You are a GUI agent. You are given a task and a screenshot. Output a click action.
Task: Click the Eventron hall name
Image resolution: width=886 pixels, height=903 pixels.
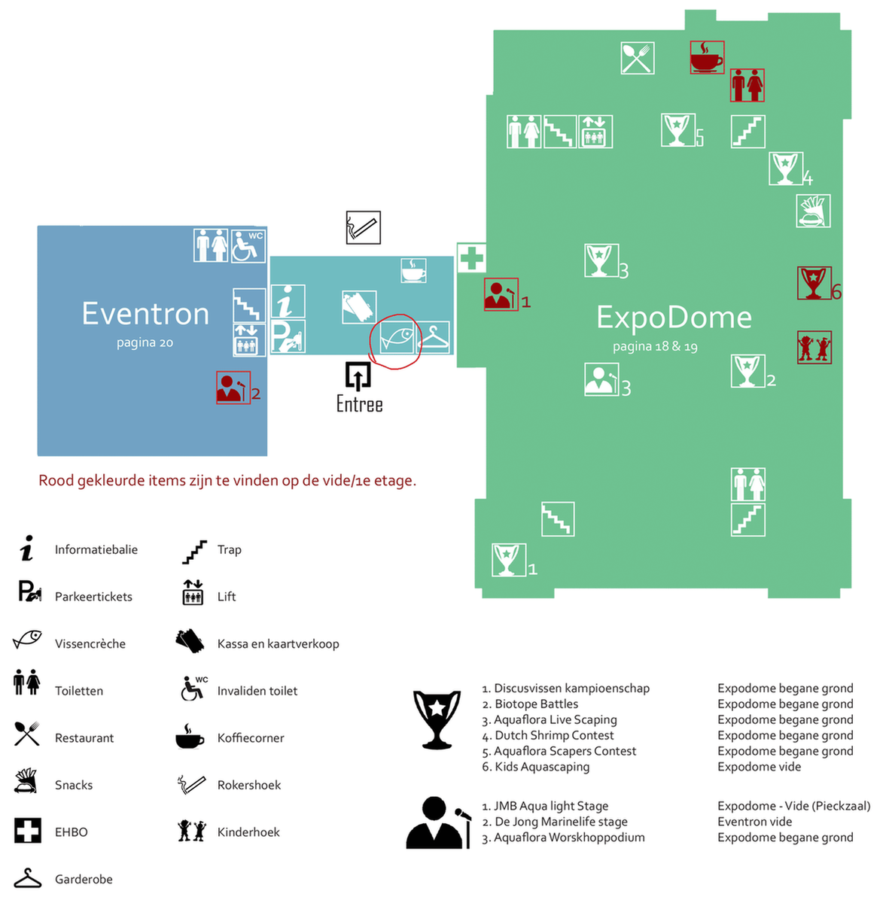145,314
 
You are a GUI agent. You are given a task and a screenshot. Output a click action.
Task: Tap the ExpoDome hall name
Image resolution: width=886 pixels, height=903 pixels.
673,318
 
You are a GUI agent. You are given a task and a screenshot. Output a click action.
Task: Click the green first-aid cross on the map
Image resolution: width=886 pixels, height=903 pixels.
471,257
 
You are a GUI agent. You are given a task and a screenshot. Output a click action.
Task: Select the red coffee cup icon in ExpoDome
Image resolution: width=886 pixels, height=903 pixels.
706,57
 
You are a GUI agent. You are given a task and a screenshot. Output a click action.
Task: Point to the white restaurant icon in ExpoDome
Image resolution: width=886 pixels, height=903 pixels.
637,58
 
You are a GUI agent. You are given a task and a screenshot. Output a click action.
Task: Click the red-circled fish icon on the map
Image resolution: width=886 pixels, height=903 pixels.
396,338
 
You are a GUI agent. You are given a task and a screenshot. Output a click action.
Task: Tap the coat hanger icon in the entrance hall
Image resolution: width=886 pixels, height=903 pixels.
433,338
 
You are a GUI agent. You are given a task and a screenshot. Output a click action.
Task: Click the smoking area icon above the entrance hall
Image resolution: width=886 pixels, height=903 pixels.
364,227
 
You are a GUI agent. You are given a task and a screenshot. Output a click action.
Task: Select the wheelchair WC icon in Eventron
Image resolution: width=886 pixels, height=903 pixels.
248,245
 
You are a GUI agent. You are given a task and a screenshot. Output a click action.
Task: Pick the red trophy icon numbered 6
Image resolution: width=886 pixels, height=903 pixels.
814,283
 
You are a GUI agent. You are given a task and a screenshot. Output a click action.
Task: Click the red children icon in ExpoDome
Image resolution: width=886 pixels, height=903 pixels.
814,347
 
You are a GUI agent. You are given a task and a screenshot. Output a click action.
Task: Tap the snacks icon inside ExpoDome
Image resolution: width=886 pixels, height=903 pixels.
813,211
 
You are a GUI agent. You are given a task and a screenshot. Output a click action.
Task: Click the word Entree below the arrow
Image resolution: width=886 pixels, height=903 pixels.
360,404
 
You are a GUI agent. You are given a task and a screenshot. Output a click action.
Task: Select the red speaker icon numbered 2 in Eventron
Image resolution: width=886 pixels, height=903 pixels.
233,388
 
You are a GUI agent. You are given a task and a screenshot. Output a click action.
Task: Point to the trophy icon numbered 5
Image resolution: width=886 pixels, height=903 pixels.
677,129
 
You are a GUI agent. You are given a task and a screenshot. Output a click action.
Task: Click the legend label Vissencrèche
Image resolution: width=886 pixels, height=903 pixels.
90,644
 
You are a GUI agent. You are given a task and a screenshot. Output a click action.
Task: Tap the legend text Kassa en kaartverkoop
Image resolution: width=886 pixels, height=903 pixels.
278,644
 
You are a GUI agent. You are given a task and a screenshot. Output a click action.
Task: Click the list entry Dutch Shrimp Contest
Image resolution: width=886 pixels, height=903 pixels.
548,735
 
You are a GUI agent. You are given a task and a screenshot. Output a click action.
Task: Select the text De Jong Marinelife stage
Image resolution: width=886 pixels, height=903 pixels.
555,822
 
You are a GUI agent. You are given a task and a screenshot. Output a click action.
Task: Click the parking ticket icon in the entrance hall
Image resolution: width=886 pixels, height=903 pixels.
288,337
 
